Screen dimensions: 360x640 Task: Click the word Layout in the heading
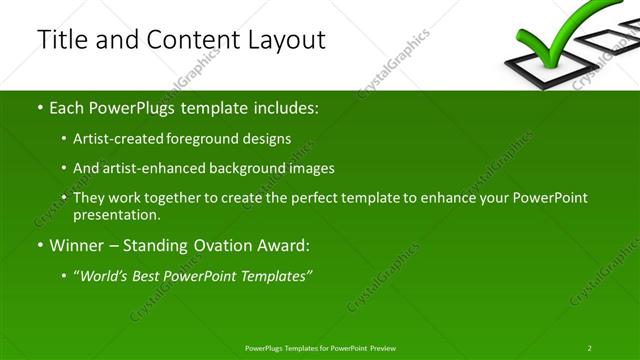click(x=283, y=40)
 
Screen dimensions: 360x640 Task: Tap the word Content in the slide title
click(x=187, y=40)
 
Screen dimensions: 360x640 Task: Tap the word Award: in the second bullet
click(x=284, y=245)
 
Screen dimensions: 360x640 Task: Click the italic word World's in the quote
click(x=108, y=275)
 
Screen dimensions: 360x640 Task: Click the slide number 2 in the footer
click(x=589, y=347)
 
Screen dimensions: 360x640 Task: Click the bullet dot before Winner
click(x=39, y=245)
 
